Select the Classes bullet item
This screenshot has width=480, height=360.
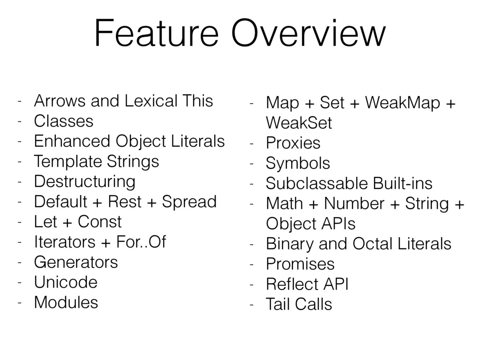(64, 121)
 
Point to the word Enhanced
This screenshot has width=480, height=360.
(72, 141)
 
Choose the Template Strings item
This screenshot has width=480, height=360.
(97, 162)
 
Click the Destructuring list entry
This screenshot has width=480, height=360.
(85, 182)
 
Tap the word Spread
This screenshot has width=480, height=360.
(189, 202)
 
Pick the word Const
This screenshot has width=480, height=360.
(100, 222)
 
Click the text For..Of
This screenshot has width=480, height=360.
(141, 242)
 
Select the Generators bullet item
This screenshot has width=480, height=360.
(76, 262)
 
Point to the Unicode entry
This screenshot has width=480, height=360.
(66, 282)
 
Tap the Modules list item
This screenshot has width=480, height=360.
(66, 302)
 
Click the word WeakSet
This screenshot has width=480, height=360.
(299, 123)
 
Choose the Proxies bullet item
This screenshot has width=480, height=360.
(293, 143)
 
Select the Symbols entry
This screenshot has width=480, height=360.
(298, 164)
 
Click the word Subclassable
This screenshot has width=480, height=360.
(316, 183)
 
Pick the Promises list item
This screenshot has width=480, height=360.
(300, 264)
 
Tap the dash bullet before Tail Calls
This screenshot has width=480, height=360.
(252, 305)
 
